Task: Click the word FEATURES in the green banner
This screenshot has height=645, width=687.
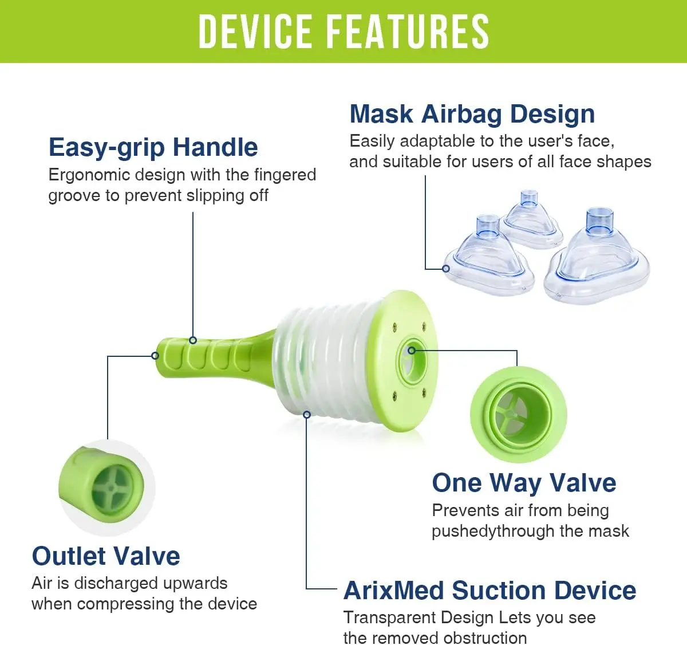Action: tap(408, 32)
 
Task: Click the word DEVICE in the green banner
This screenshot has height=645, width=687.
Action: tap(255, 32)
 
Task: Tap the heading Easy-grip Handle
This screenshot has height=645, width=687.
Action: tap(153, 148)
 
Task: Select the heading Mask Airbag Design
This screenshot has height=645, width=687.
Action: tap(472, 114)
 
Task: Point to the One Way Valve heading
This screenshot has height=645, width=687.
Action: tap(524, 483)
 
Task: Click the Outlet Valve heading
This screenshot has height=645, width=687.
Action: tap(106, 556)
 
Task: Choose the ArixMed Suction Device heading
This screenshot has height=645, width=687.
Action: tap(490, 591)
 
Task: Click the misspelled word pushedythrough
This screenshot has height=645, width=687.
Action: tap(493, 532)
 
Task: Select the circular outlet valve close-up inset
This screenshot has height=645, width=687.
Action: tap(107, 487)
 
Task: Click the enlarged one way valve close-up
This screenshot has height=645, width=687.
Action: tap(518, 414)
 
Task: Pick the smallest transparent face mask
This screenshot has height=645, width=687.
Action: tap(530, 220)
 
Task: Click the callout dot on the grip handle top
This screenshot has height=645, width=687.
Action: tap(193, 340)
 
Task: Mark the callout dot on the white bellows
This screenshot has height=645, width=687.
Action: tap(306, 414)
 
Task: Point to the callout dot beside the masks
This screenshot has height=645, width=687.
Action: tap(446, 268)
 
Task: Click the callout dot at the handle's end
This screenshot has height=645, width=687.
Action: tap(155, 356)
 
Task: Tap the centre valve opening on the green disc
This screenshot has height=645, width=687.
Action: tap(412, 361)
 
